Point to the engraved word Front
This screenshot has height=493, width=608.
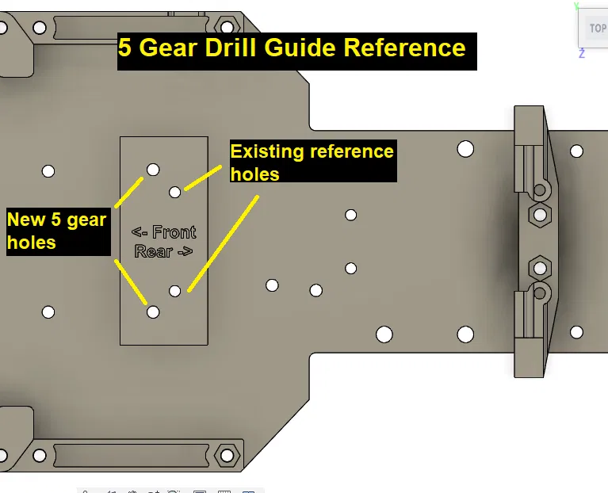pyautogui.click(x=174, y=232)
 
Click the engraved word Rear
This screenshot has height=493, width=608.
pyautogui.click(x=153, y=251)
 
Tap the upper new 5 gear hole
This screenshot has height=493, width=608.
pyautogui.click(x=153, y=169)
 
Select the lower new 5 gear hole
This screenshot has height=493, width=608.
pyautogui.click(x=153, y=312)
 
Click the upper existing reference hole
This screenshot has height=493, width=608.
pyautogui.click(x=175, y=192)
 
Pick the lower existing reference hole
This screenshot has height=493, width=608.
pyautogui.click(x=175, y=291)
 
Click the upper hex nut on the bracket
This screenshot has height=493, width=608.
pyautogui.click(x=540, y=214)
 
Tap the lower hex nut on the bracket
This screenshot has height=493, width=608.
pyautogui.click(x=540, y=266)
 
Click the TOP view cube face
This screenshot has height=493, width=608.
pyautogui.click(x=596, y=29)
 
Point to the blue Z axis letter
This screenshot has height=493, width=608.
pyautogui.click(x=582, y=54)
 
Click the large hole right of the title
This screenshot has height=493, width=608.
pyautogui.click(x=465, y=149)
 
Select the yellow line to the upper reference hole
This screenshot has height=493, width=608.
pyautogui.click(x=203, y=179)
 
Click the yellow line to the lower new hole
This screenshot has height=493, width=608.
pyautogui.click(x=132, y=281)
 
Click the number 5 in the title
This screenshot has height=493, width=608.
pyautogui.click(x=124, y=48)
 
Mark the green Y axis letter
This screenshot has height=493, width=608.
pyautogui.click(x=577, y=6)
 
